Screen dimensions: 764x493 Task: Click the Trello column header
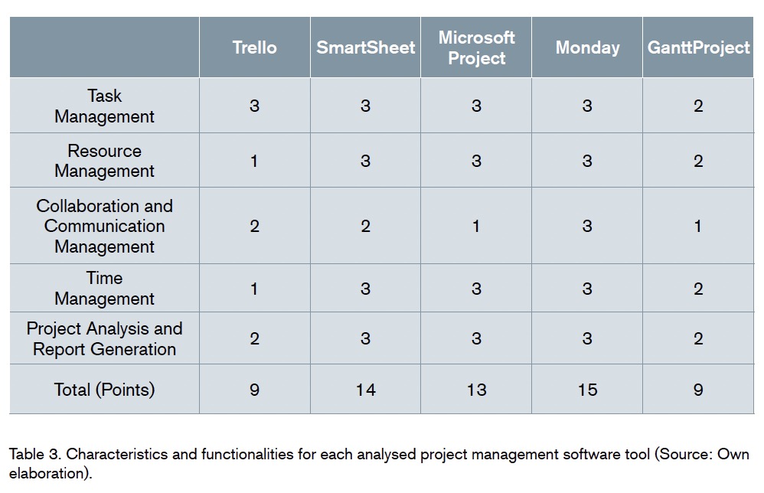[x=254, y=47]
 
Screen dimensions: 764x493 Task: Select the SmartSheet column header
[x=365, y=47]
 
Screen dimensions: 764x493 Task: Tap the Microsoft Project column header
[x=476, y=47]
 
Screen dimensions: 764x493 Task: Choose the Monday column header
[x=588, y=47]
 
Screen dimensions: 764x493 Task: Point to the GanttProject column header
[x=699, y=47]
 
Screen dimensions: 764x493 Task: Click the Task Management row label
[x=104, y=106]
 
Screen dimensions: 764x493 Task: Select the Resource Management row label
[x=104, y=161]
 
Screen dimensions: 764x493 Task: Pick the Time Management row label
[x=104, y=289]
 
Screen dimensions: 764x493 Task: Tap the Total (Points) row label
[x=104, y=390]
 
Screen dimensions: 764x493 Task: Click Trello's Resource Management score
[x=254, y=162]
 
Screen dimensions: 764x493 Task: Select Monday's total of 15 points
[x=588, y=390]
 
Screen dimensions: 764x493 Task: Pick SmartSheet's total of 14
[x=365, y=390]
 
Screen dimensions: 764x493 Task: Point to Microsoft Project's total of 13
[x=476, y=390]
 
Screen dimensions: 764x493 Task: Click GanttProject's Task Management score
[x=698, y=106]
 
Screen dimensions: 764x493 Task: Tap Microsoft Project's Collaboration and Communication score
[x=476, y=226]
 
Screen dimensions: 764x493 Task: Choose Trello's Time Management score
[x=254, y=289]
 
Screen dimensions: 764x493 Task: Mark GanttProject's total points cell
[x=698, y=390]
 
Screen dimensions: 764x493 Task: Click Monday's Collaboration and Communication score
[x=587, y=226]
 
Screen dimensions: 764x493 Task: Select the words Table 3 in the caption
[x=35, y=455]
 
